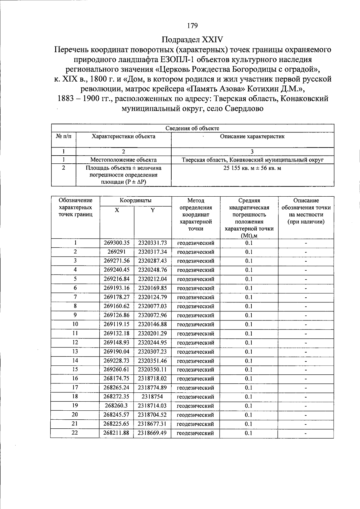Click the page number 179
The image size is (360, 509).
[x=192, y=26]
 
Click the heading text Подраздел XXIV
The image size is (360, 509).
[x=192, y=40]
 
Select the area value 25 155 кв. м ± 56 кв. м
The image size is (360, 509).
[x=252, y=168]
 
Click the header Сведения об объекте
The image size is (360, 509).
[x=192, y=128]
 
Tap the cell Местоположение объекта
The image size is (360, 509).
[x=123, y=160]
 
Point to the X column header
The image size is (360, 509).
[x=117, y=210]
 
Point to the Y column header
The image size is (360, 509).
[x=152, y=210]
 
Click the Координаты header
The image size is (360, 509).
[x=135, y=201]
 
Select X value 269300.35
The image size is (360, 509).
[x=117, y=243]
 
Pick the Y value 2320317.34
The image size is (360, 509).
[x=152, y=252]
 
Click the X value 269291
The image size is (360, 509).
[x=117, y=252]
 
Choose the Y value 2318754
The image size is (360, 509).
[x=152, y=397]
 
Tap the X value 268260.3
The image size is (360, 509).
[x=116, y=406]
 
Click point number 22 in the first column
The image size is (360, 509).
[x=75, y=433]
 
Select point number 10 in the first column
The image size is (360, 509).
[x=75, y=324]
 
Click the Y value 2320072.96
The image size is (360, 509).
[x=152, y=315]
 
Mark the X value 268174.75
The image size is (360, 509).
[x=116, y=379]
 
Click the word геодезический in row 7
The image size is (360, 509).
[x=196, y=297]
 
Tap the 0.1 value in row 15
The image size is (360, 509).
[x=249, y=370]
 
